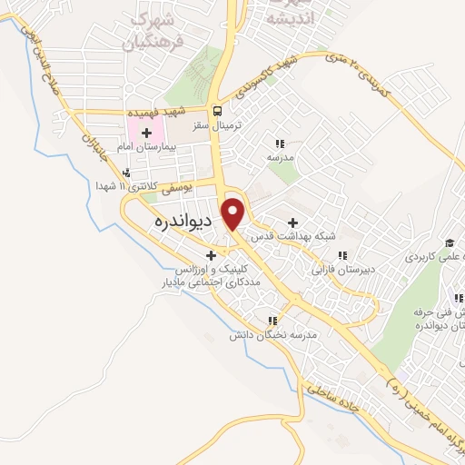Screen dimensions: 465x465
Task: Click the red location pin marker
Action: click(x=234, y=213)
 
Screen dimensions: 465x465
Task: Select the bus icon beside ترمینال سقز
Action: click(x=218, y=112)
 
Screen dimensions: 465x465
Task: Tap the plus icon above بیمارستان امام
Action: click(x=147, y=133)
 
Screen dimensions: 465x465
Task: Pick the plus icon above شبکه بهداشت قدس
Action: click(x=292, y=222)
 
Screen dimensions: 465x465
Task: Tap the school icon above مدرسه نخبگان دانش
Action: click(x=272, y=321)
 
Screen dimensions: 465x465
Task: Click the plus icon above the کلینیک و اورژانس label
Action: click(x=212, y=255)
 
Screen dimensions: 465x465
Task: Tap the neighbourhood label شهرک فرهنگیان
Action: click(x=157, y=29)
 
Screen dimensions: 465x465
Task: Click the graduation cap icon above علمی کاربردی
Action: click(x=449, y=242)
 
